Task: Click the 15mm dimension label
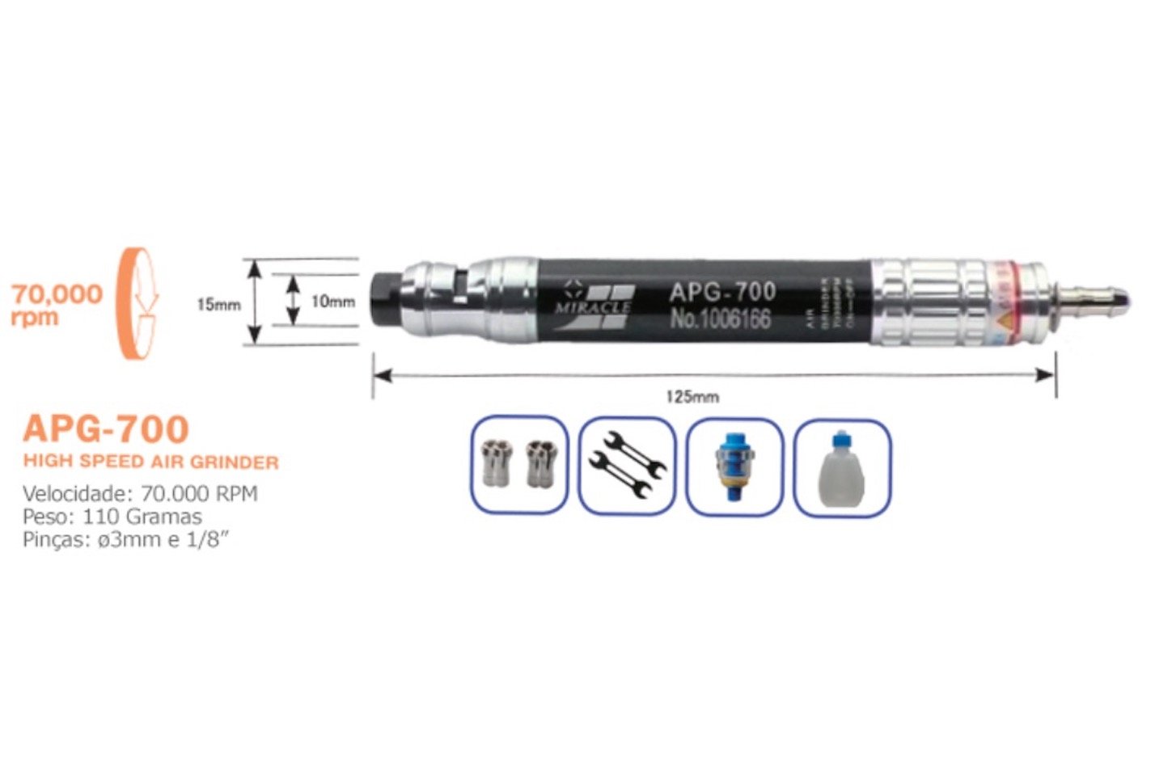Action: pyautogui.click(x=218, y=305)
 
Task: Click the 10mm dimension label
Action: pyautogui.click(x=332, y=302)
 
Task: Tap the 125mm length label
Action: pyautogui.click(x=692, y=396)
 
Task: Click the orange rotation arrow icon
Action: pyautogui.click(x=137, y=302)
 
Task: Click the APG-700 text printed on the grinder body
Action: pyautogui.click(x=722, y=291)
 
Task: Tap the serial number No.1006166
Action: pyautogui.click(x=720, y=319)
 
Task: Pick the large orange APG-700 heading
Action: pyautogui.click(x=106, y=428)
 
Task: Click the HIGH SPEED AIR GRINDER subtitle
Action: pyautogui.click(x=151, y=462)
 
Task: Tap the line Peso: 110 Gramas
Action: pyautogui.click(x=112, y=517)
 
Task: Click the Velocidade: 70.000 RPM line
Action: pyautogui.click(x=140, y=493)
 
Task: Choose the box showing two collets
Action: pyautogui.click(x=519, y=466)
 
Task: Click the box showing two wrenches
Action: pyautogui.click(x=627, y=466)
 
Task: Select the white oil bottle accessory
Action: pyautogui.click(x=842, y=467)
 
